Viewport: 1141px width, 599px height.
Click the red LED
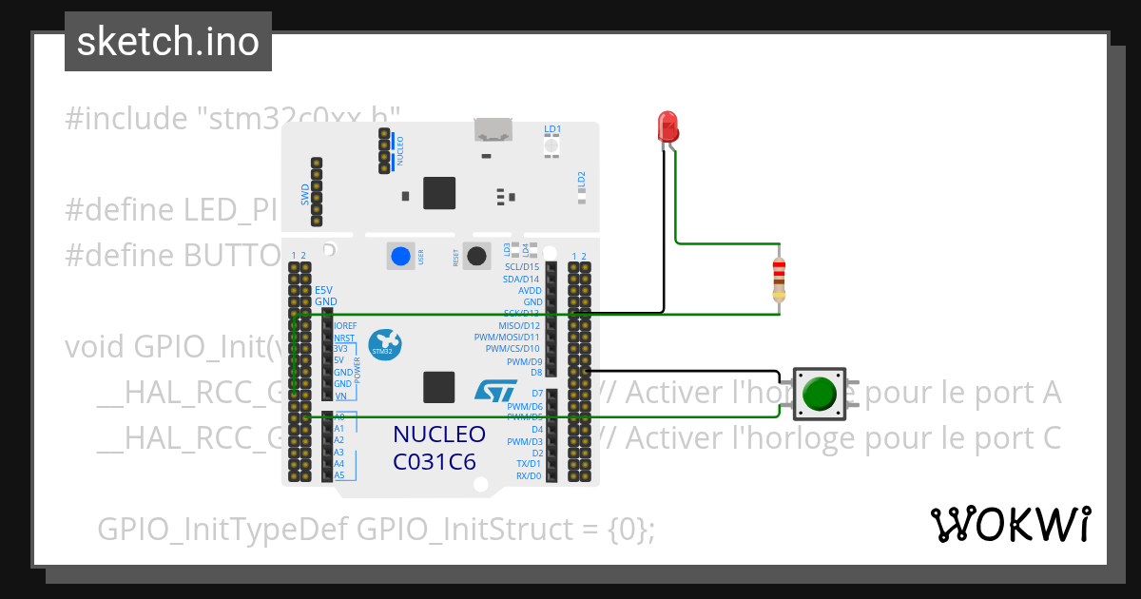pyautogui.click(x=667, y=126)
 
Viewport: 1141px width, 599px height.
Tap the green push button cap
pyautogui.click(x=820, y=394)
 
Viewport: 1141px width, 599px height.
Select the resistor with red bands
pyautogui.click(x=779, y=279)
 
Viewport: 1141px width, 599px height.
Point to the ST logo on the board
pyautogui.click(x=494, y=390)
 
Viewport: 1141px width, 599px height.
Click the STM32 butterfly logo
pyautogui.click(x=384, y=343)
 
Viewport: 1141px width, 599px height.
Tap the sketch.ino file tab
pyautogui.click(x=168, y=42)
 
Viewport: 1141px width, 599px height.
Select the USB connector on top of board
pyautogui.click(x=493, y=130)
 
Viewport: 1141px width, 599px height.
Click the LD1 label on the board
pyautogui.click(x=552, y=128)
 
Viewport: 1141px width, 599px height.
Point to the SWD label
pyautogui.click(x=305, y=193)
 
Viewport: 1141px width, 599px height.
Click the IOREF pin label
pyautogui.click(x=346, y=325)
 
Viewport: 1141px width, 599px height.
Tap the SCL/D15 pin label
pyautogui.click(x=523, y=267)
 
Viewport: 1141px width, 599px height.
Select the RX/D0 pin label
pyautogui.click(x=529, y=475)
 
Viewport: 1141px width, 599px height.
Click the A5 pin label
pyautogui.click(x=339, y=474)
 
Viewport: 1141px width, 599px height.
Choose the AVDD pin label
pyautogui.click(x=530, y=290)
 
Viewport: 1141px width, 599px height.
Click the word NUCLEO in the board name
pyautogui.click(x=439, y=435)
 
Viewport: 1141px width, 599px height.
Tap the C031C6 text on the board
pyautogui.click(x=435, y=462)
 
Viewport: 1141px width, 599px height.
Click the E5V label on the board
pyautogui.click(x=324, y=289)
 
